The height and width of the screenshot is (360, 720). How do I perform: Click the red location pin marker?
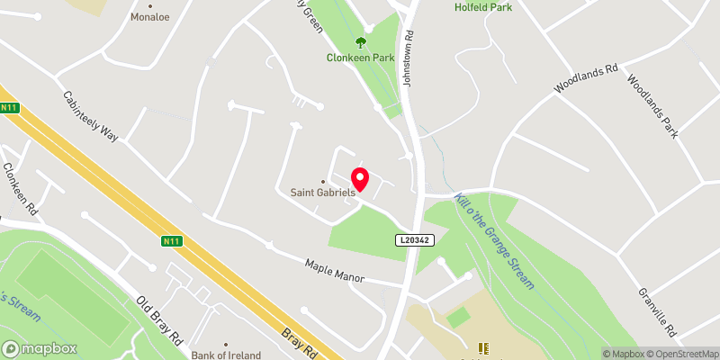pos(360,179)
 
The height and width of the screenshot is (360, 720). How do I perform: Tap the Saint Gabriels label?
pos(323,192)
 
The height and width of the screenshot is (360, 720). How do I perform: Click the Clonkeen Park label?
pos(361,57)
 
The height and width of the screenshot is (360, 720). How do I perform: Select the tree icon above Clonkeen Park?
pos(361,41)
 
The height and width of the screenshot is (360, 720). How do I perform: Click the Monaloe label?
pos(150,17)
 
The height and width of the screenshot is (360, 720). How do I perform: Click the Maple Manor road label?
pos(334,270)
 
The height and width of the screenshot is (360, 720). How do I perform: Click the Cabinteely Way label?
pos(90,116)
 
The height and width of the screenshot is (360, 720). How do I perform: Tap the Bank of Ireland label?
pos(226,355)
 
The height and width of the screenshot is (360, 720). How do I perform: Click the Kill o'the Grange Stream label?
pos(495,240)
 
